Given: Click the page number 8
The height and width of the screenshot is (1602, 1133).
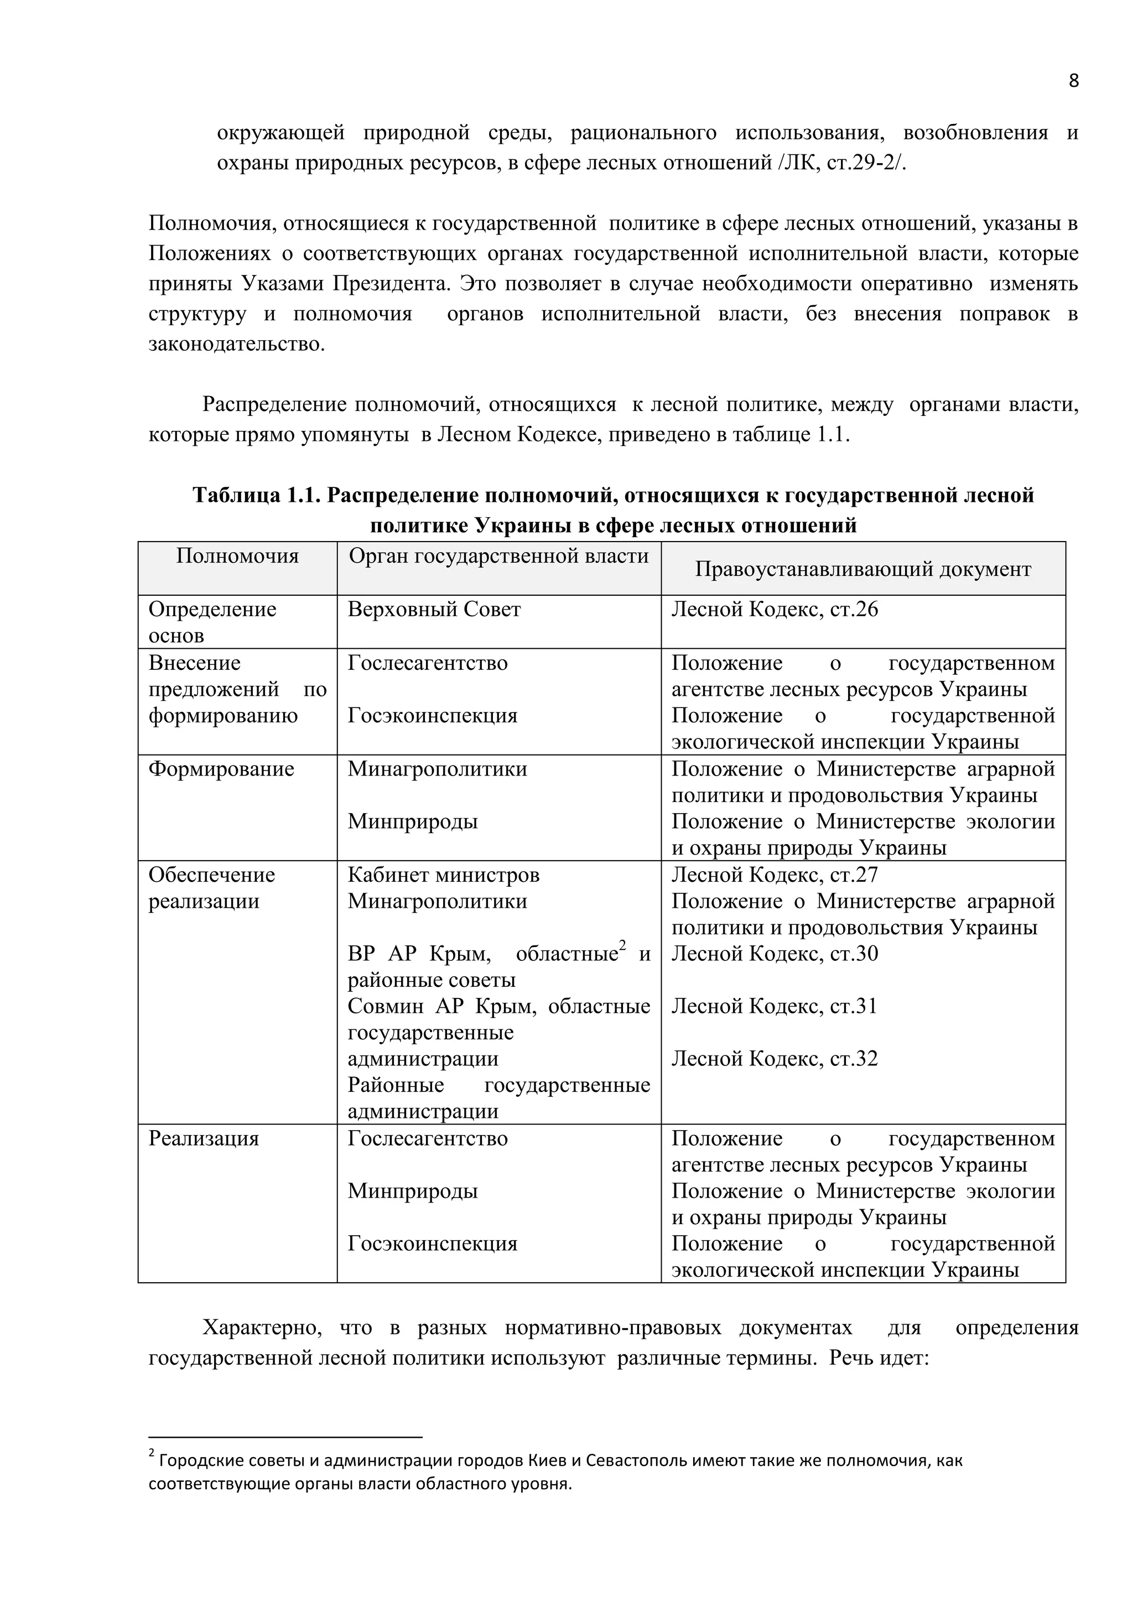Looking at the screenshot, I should [1073, 81].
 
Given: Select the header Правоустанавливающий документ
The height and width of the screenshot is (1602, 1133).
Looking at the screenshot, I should [862, 569].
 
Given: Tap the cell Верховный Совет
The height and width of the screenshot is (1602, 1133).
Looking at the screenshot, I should [434, 610].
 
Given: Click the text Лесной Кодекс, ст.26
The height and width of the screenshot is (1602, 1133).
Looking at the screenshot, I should [775, 610].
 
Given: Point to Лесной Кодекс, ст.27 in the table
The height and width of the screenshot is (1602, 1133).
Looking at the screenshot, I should [775, 875].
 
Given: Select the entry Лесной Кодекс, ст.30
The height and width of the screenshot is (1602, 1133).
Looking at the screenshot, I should [775, 954].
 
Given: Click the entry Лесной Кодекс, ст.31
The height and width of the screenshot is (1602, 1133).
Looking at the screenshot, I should [775, 1006].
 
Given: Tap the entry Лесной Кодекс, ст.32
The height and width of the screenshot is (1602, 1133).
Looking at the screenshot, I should [775, 1059].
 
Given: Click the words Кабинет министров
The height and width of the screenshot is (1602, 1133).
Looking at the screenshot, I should [444, 875].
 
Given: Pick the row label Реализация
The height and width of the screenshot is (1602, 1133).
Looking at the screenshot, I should [204, 1138].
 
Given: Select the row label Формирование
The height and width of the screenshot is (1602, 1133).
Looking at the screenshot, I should [221, 769].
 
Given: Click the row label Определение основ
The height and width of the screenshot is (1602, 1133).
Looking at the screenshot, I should [212, 622].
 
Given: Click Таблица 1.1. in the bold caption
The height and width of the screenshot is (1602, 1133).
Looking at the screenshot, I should [256, 496].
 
